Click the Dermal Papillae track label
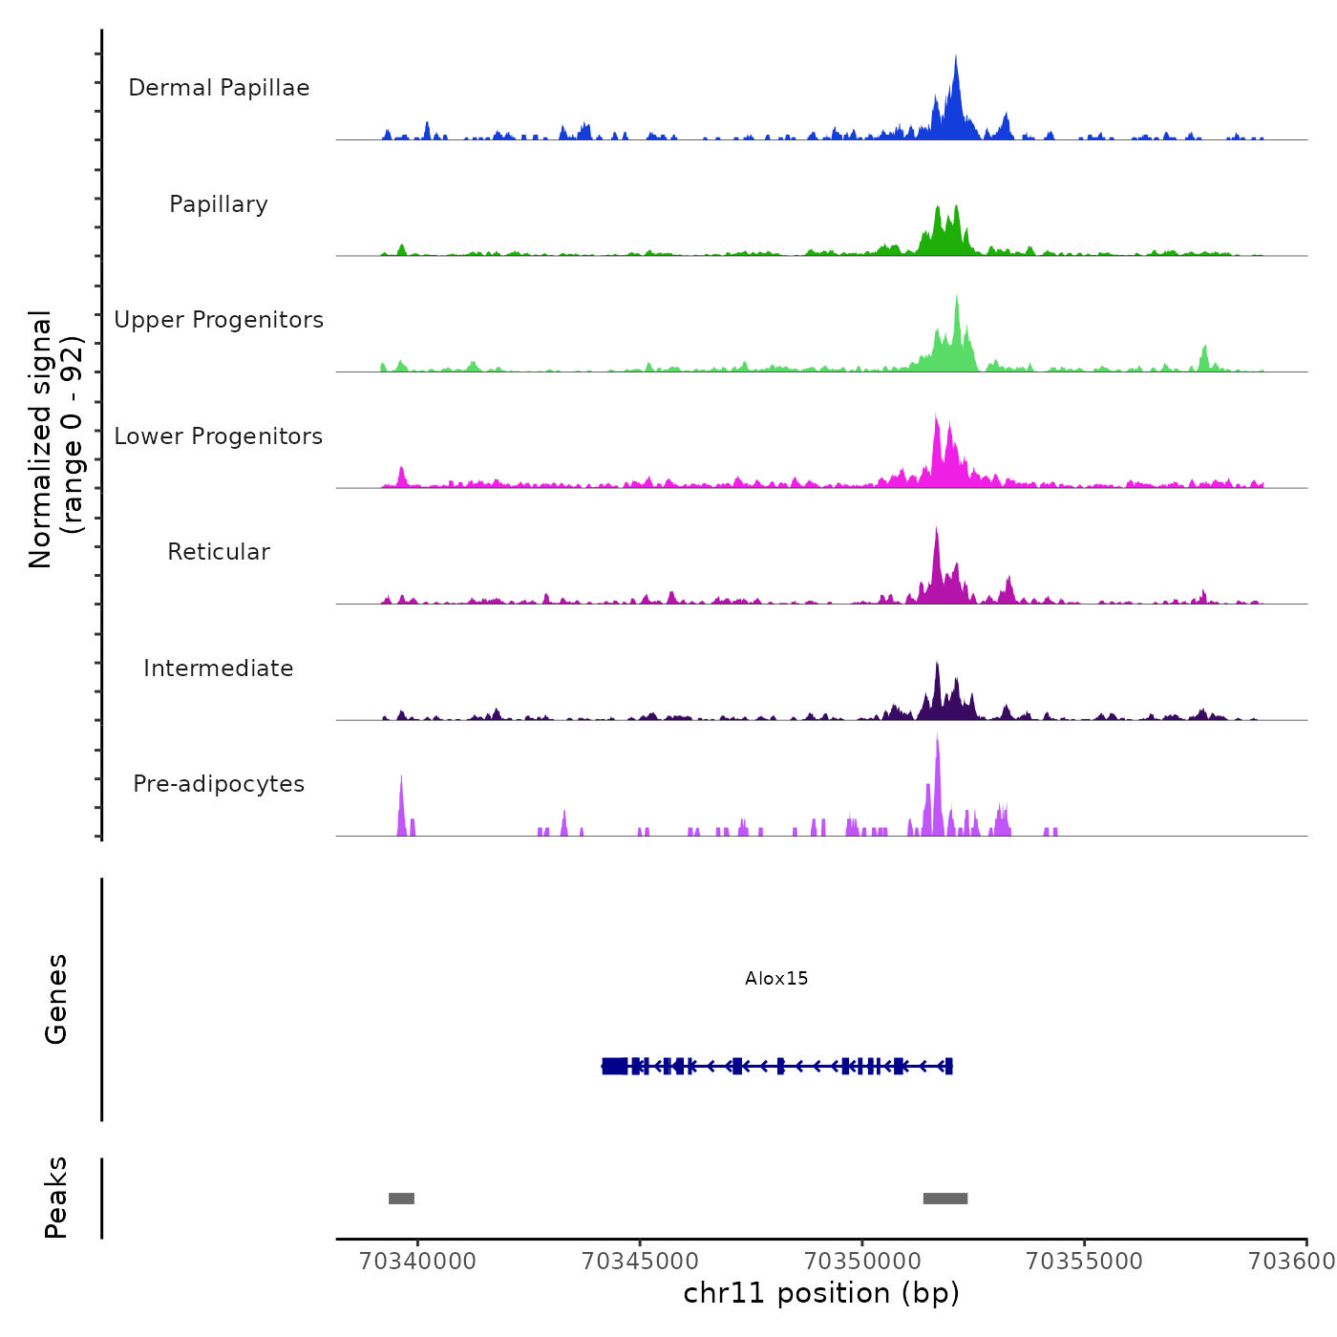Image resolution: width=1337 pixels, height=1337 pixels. (219, 88)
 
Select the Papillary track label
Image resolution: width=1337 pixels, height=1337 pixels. (219, 204)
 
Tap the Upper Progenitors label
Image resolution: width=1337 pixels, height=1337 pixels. (219, 320)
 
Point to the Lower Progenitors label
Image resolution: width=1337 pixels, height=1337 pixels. (219, 436)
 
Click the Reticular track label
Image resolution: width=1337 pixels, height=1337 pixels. (219, 552)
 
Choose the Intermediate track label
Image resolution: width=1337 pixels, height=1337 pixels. (219, 668)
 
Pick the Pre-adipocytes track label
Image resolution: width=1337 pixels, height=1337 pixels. (219, 784)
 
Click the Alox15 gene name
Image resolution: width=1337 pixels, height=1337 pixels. (776, 979)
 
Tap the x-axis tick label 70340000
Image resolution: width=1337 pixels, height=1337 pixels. (417, 1262)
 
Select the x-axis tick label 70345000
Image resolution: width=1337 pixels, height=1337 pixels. (640, 1262)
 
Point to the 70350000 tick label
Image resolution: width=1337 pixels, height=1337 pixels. (862, 1262)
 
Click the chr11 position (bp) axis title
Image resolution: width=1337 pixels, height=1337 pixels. (821, 1293)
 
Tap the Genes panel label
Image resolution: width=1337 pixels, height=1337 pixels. (56, 999)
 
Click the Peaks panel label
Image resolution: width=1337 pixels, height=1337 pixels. (56, 1198)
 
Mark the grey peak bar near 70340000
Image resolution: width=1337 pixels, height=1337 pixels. (401, 1199)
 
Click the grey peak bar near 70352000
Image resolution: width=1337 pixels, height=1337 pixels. (945, 1199)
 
